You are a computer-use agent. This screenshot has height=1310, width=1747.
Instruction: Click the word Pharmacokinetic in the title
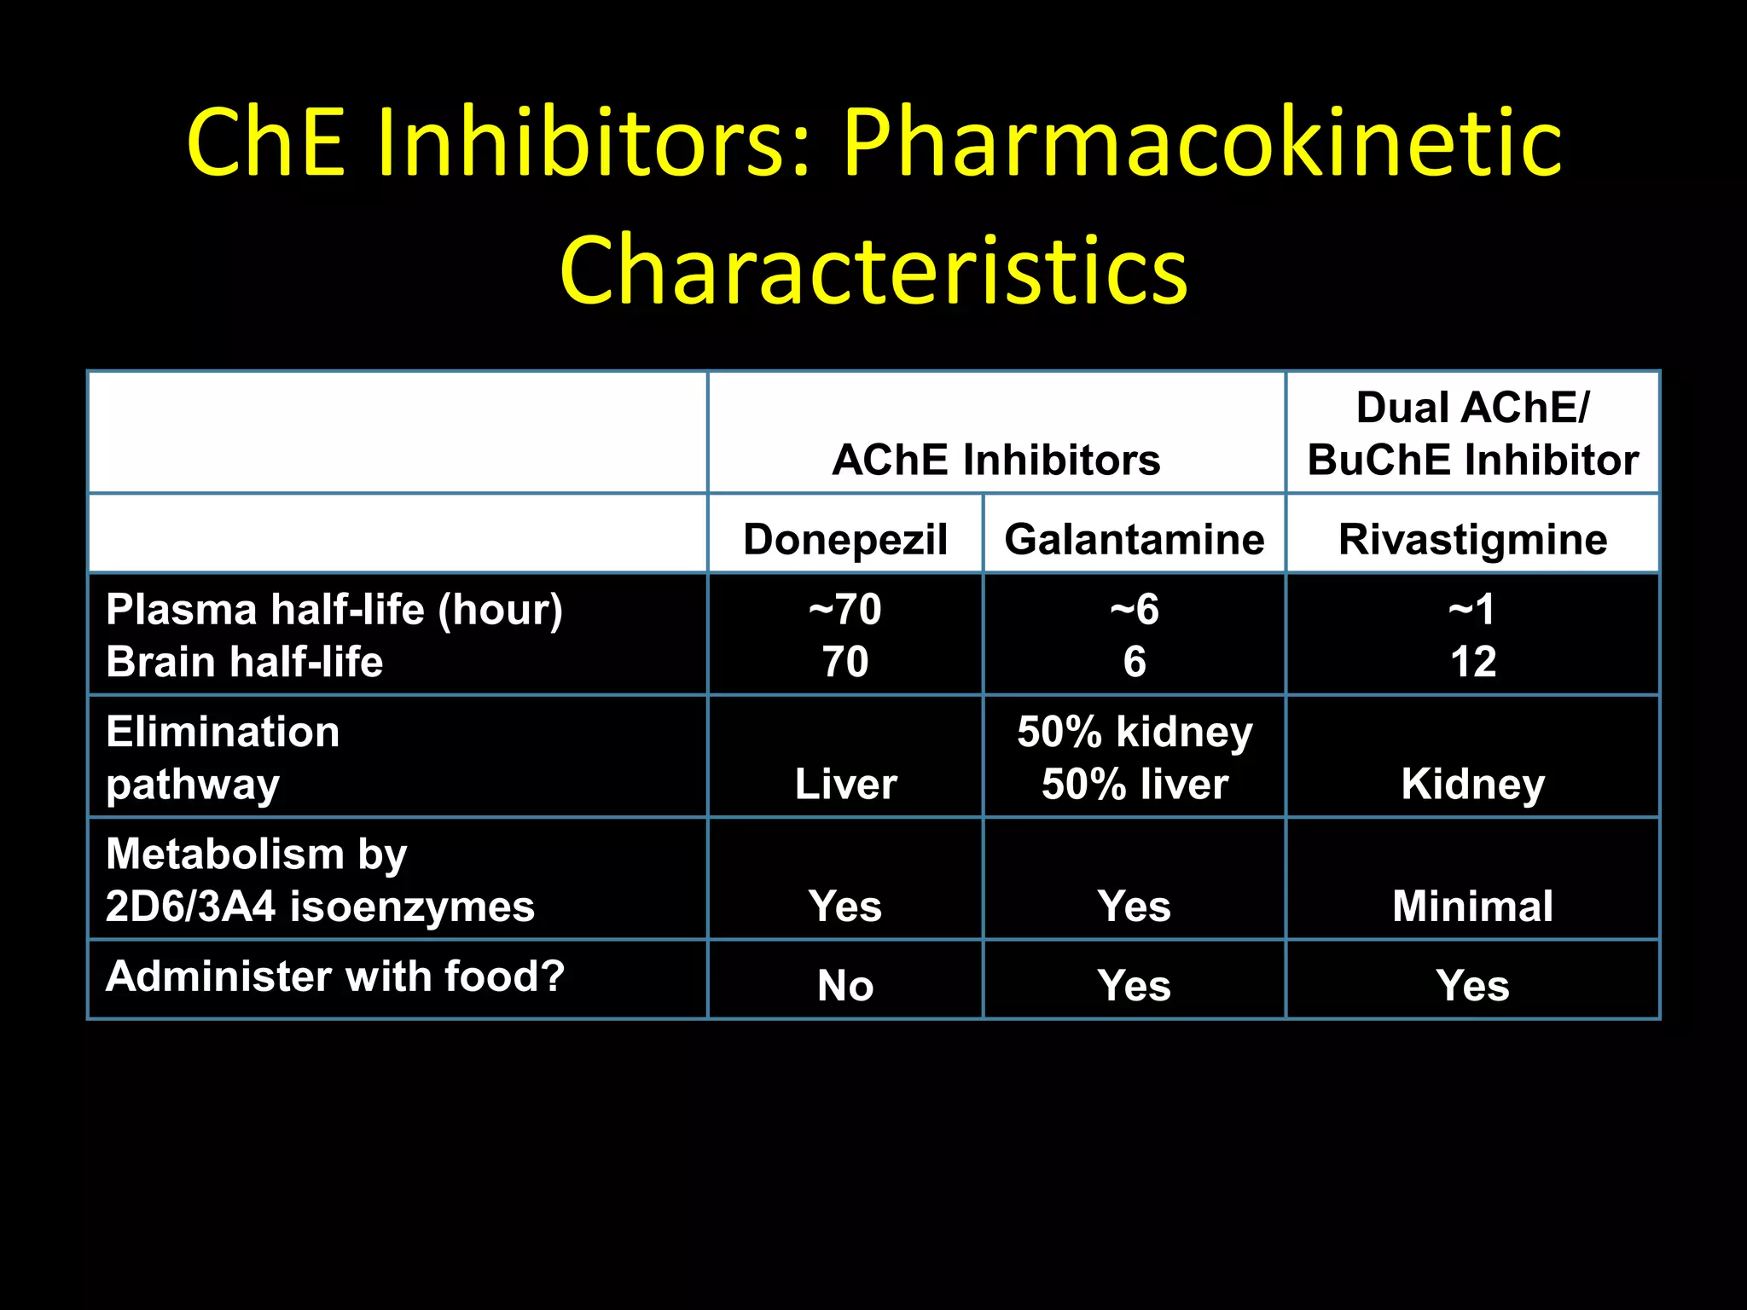tap(1202, 143)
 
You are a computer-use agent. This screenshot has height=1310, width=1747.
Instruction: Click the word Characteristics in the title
tap(873, 270)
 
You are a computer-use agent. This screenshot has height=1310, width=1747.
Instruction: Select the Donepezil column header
tap(844, 539)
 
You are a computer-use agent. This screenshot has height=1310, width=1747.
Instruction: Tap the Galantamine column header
tap(1134, 539)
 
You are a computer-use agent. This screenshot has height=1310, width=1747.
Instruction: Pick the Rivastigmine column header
tap(1472, 539)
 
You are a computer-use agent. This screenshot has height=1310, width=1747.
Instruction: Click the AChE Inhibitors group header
tap(995, 460)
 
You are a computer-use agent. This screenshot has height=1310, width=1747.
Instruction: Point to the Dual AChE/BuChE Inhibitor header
tap(1472, 433)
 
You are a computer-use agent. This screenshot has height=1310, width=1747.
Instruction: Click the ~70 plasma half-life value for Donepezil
tap(844, 610)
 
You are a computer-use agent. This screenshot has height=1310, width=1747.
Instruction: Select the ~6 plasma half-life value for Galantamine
tap(1134, 610)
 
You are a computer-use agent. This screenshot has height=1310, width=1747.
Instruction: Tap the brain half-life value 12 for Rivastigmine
tap(1472, 662)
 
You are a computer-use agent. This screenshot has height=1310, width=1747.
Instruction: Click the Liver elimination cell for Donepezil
tap(844, 784)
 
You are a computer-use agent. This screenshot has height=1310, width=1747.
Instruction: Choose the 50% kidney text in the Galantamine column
tap(1134, 732)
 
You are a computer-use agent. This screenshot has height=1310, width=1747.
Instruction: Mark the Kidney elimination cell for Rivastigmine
tap(1472, 784)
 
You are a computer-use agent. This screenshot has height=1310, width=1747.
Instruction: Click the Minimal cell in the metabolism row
tap(1472, 906)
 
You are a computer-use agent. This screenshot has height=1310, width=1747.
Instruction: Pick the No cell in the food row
tap(844, 986)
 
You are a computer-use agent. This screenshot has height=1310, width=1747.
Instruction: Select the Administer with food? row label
tap(334, 977)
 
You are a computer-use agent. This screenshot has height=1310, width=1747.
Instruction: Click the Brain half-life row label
tap(244, 662)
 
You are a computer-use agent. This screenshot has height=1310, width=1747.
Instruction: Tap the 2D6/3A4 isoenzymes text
tap(320, 906)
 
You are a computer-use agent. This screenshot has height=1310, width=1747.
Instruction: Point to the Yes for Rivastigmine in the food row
tap(1472, 986)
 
